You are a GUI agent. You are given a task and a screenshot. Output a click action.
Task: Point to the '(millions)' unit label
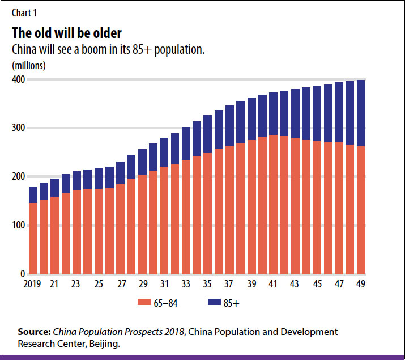[29, 65]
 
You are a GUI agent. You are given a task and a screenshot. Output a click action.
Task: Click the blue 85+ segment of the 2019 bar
[33, 194]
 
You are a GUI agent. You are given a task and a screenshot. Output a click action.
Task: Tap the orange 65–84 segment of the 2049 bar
[360, 210]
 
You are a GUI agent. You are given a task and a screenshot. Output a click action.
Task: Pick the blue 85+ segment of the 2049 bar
[360, 113]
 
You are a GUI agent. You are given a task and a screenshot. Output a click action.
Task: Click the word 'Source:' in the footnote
[35, 332]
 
